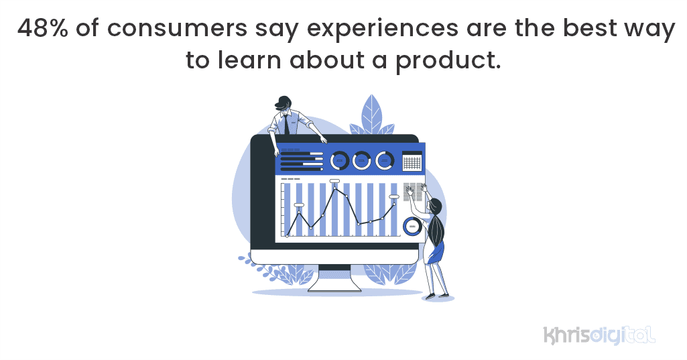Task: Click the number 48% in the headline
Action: pos(41,29)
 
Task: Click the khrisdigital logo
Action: pos(599,334)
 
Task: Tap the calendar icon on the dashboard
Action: pos(412,162)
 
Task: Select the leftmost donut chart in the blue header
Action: pos(340,160)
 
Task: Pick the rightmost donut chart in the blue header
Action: pos(385,160)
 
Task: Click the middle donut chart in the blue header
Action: pos(362,160)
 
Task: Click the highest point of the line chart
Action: pos(334,189)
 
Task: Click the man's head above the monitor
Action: pos(284,103)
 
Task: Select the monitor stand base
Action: pos(334,287)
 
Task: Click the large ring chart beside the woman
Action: pos(412,226)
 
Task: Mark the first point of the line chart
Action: pos(287,236)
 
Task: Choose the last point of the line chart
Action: pos(394,204)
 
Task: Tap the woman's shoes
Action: pos(437,296)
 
